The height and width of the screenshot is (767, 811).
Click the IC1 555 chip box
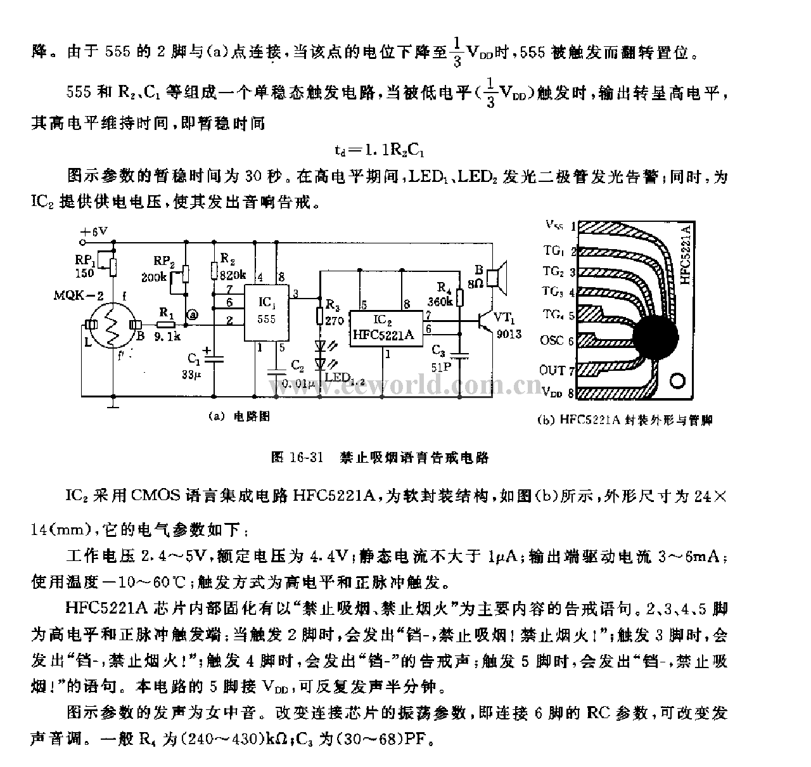pyautogui.click(x=267, y=311)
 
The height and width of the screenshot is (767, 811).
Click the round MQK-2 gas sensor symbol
pyautogui.click(x=112, y=325)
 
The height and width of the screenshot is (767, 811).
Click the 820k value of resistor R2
pyautogui.click(x=231, y=274)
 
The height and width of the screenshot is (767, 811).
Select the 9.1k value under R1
pyautogui.click(x=167, y=337)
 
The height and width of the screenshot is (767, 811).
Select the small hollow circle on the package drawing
pyautogui.click(x=677, y=381)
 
